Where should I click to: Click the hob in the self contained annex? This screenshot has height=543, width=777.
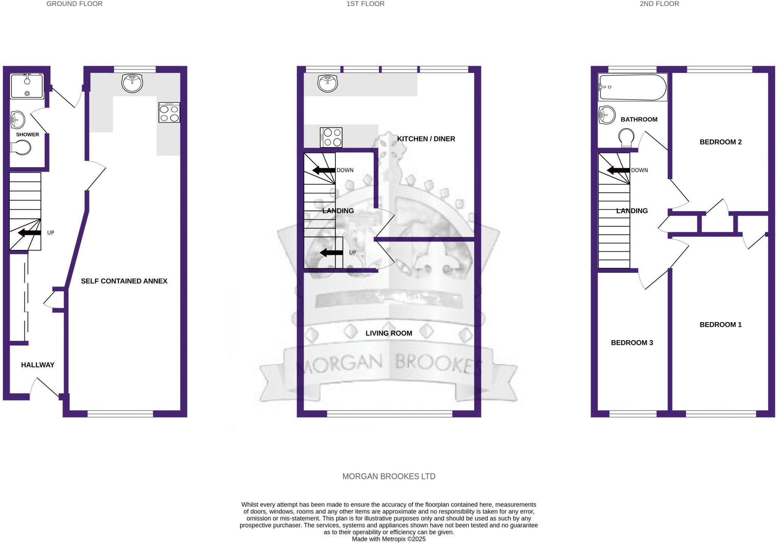(x=169, y=112)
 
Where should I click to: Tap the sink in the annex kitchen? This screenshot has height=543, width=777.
(x=132, y=83)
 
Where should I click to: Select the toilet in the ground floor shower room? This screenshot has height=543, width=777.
(x=21, y=148)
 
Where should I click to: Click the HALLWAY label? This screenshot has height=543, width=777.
(x=38, y=365)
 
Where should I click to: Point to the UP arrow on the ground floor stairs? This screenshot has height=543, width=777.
(x=30, y=233)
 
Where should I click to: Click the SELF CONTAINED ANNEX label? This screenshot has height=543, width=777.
(x=124, y=281)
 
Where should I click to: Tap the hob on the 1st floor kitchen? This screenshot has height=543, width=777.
(x=332, y=137)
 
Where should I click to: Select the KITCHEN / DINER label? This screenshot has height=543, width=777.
(x=426, y=139)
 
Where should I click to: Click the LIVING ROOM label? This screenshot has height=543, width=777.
(x=388, y=333)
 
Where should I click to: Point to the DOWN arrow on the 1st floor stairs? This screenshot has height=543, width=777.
(x=324, y=170)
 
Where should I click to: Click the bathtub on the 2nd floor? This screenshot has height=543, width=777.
(x=632, y=87)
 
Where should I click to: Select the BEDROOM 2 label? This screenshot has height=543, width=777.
(x=720, y=142)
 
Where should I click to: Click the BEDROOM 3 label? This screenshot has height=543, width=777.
(x=632, y=343)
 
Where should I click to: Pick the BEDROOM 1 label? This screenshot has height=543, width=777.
(x=720, y=325)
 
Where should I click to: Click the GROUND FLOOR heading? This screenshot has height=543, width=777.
(x=74, y=4)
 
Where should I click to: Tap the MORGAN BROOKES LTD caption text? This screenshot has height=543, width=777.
(x=388, y=476)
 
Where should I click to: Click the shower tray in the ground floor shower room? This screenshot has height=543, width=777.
(x=27, y=86)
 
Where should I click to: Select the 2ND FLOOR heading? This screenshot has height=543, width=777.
(x=659, y=4)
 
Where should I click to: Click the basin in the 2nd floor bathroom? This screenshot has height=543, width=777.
(x=607, y=115)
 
